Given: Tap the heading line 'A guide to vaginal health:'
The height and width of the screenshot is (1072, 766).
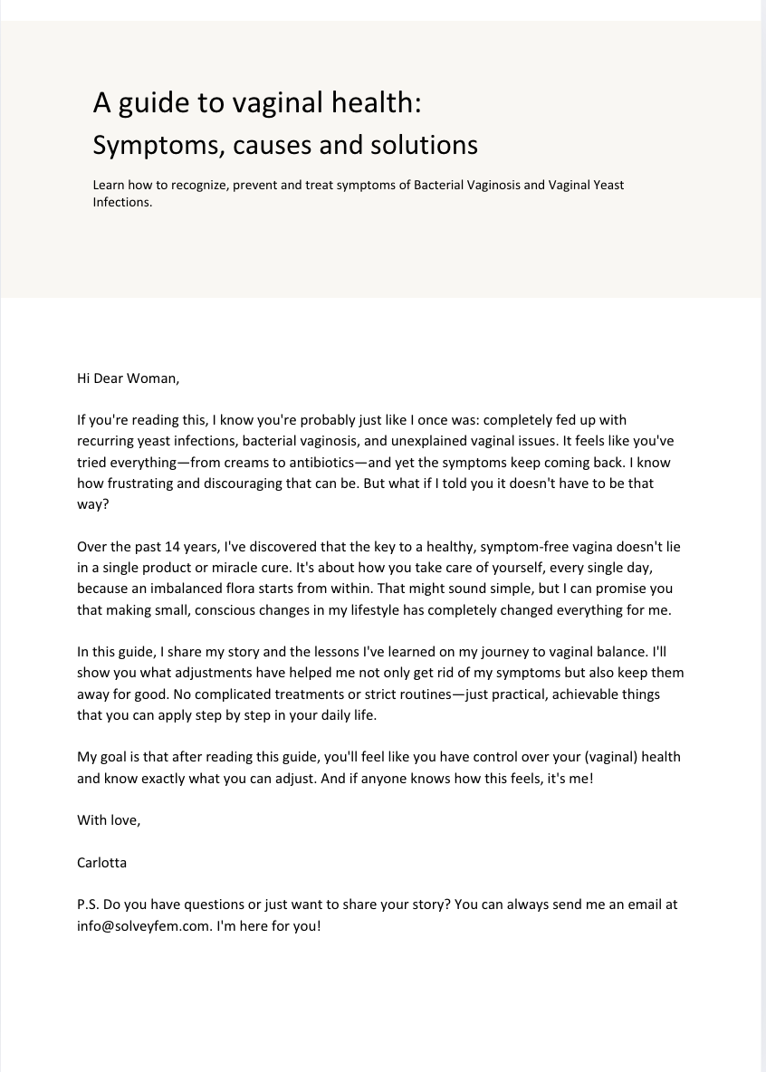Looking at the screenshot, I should click(x=257, y=103).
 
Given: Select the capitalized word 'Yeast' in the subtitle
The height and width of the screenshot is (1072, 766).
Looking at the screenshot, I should click(x=607, y=185).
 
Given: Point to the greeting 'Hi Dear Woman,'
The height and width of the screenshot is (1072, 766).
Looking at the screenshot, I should click(x=129, y=378).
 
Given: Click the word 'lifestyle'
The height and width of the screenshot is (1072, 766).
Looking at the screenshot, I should click(x=370, y=609).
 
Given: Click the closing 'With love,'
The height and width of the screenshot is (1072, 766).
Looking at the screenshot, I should click(x=109, y=820).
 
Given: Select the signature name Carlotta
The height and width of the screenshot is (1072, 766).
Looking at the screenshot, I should click(x=102, y=862).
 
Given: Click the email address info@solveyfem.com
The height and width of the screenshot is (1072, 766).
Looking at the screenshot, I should click(x=145, y=926).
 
